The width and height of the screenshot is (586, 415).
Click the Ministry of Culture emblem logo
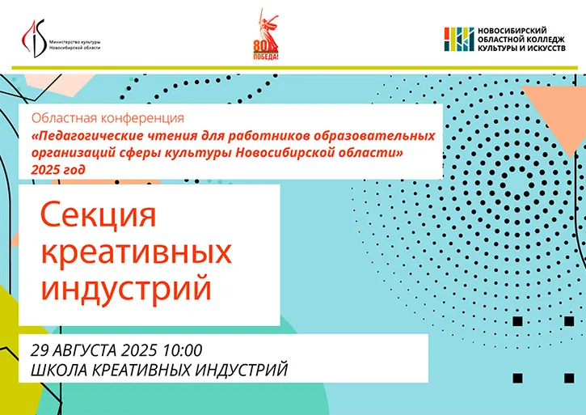(x=34, y=38)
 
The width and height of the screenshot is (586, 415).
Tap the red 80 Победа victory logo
(x=266, y=35)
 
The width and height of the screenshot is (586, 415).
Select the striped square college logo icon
(x=459, y=39)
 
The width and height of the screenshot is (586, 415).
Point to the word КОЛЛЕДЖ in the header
(x=546, y=40)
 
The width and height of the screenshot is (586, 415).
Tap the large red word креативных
(x=136, y=253)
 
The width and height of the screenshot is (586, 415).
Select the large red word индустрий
(x=126, y=288)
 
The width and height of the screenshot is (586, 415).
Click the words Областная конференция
(x=108, y=118)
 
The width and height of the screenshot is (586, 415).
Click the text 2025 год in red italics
(x=58, y=170)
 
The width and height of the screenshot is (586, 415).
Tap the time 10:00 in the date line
(x=183, y=350)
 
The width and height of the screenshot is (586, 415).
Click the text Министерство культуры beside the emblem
(x=74, y=42)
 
